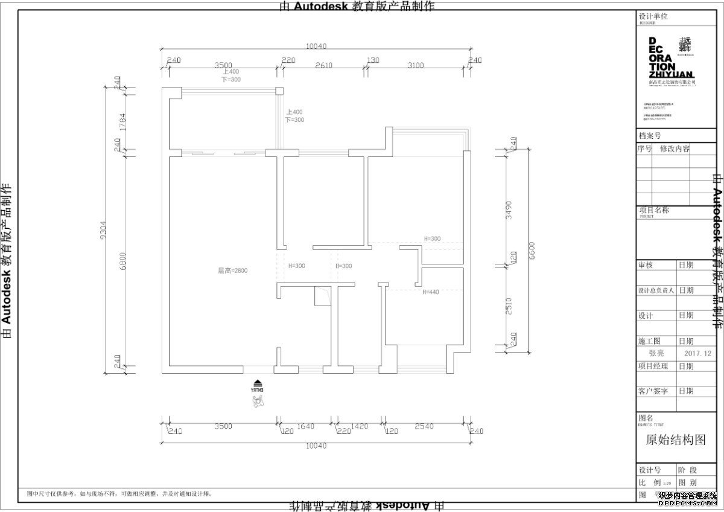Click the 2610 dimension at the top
click(x=324, y=65)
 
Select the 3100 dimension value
click(x=416, y=65)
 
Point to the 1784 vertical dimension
click(x=123, y=123)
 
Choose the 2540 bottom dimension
click(x=425, y=426)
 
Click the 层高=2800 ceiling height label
click(x=232, y=270)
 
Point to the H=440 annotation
click(x=431, y=292)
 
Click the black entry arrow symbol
click(x=258, y=382)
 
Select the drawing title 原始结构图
click(x=675, y=440)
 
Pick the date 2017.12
click(x=698, y=353)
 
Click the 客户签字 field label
click(x=653, y=391)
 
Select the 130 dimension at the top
click(x=373, y=60)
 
